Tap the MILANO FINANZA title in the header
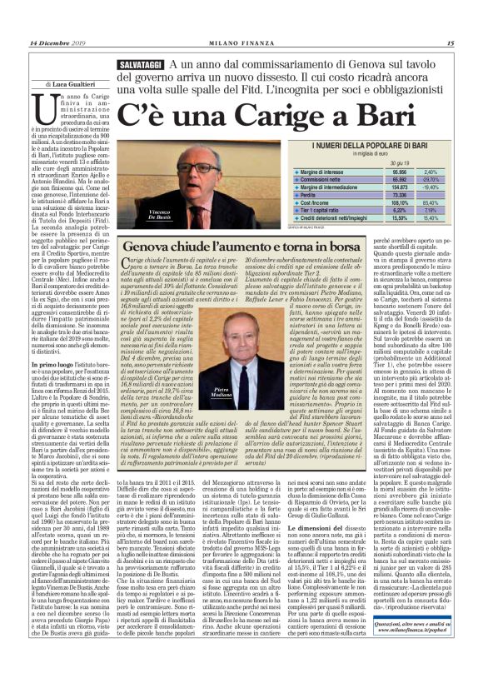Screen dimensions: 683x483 pos(242,43)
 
